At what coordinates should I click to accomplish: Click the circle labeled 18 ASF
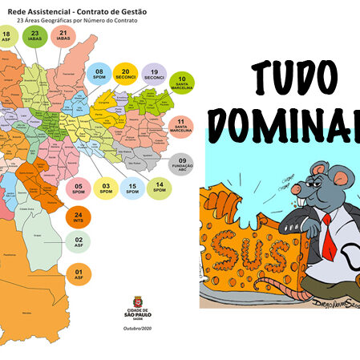(x=7, y=36)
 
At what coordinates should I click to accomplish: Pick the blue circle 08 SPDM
(x=99, y=75)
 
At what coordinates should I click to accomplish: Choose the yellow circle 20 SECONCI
(x=126, y=75)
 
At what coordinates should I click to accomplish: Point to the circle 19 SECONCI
(x=153, y=75)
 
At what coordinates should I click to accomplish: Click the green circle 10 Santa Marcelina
(x=182, y=83)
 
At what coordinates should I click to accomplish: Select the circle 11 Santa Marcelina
(x=182, y=126)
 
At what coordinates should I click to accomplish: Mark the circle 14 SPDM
(x=160, y=189)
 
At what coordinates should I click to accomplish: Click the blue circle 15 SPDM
(x=133, y=189)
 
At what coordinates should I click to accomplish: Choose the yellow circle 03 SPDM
(x=105, y=189)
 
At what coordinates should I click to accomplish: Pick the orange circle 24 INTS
(x=78, y=216)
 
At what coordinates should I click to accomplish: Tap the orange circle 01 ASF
(x=79, y=275)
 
